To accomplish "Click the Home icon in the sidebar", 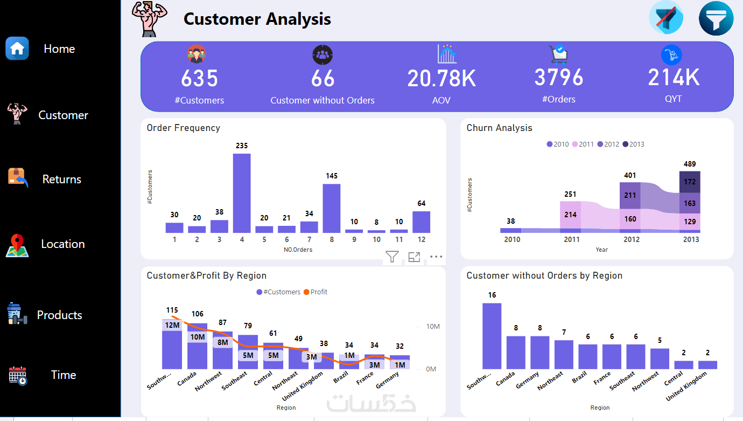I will coord(17,49).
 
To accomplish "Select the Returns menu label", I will coord(61,180).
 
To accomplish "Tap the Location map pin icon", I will coord(17,245).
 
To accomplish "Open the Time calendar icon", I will coord(18,375).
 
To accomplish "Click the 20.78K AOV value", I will coord(441,79).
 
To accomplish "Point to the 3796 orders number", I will coord(559,78).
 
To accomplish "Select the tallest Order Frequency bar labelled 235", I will coord(242,193).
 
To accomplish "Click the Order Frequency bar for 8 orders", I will coord(331,208).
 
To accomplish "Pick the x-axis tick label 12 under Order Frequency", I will coord(421,239).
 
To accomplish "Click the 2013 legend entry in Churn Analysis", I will coord(633,144).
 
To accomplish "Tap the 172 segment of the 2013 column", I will coord(690,182).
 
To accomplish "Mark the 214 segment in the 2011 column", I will coord(570,215).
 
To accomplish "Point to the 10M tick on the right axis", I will coord(433,327).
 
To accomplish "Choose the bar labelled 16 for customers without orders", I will coord(492,336).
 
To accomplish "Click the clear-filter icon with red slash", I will coord(666,18).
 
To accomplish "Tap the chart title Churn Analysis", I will coord(499,128).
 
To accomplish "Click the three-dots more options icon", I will coord(436,257).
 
